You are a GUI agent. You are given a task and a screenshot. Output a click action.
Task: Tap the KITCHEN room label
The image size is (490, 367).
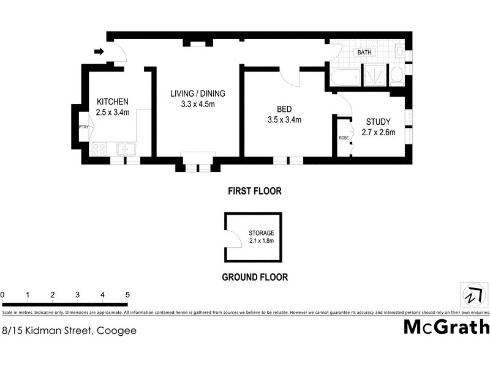tap(113, 102)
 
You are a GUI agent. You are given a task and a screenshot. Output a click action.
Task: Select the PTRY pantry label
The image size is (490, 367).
tap(84, 127)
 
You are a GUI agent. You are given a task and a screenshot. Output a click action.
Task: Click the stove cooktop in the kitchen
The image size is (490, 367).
tap(99, 149)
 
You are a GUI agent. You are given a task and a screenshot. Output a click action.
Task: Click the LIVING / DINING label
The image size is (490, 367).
tap(198, 94)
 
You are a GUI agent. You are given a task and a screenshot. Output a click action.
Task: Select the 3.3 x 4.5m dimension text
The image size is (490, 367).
tap(198, 104)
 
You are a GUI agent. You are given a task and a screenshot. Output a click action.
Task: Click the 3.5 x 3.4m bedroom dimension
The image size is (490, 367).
tap(284, 120)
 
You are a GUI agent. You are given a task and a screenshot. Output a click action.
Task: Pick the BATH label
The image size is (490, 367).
tap(364, 53)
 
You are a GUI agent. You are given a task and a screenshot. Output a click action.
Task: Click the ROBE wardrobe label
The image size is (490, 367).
tap(344, 138)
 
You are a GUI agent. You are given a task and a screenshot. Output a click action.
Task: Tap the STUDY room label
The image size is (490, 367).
tap(379, 121)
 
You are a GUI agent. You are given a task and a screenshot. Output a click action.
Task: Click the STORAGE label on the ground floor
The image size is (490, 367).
tap(261, 233)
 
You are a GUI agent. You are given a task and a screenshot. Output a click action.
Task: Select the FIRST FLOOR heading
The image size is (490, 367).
tap(254, 191)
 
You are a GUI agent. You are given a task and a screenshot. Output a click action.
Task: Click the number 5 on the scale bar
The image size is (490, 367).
tap(127, 295)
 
